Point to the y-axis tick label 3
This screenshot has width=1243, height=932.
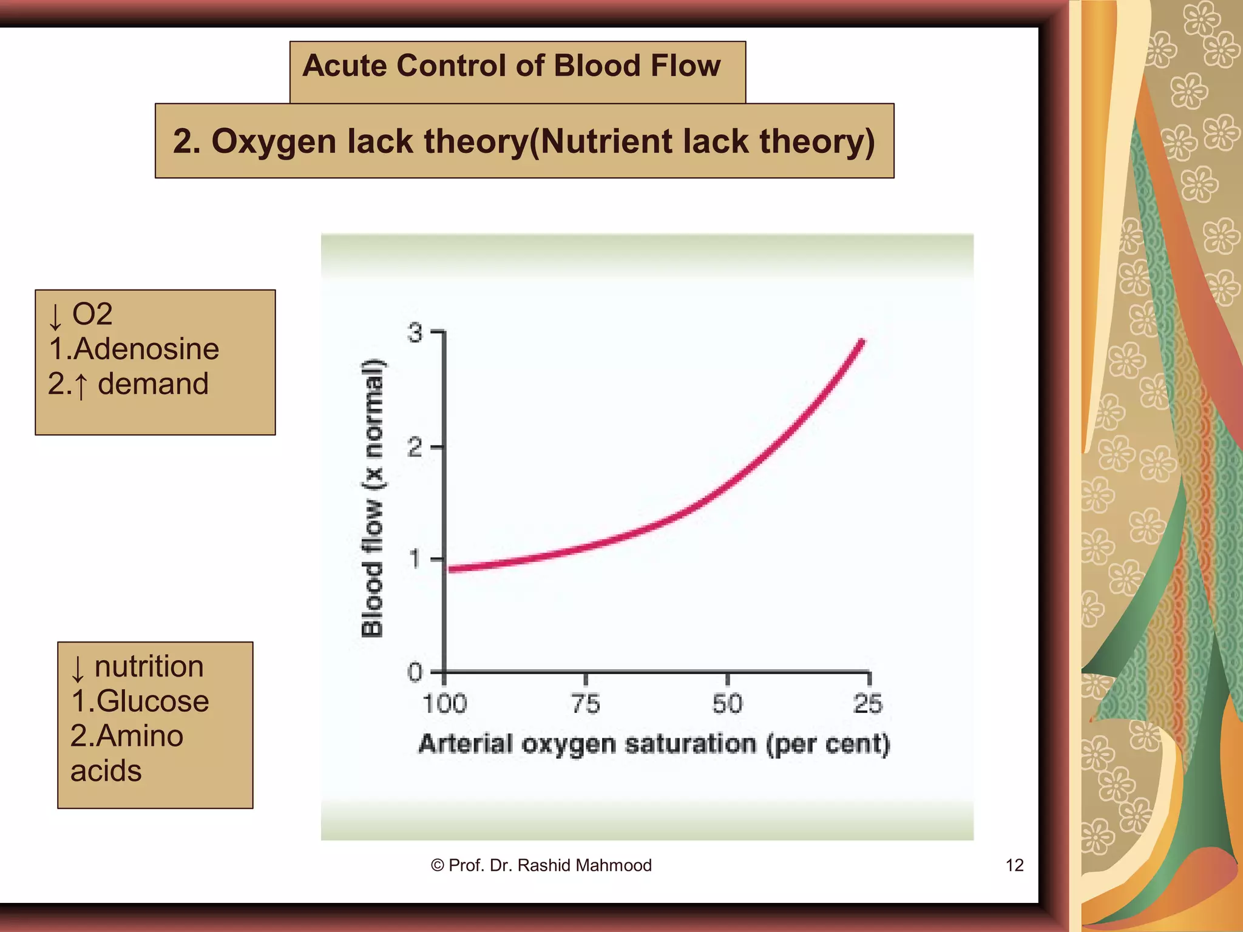coord(415,333)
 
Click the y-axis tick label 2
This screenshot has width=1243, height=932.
coord(415,448)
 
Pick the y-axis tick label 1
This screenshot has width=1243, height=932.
coord(415,559)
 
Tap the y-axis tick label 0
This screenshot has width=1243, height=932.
coord(415,672)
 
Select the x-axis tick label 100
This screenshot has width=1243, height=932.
coord(444,704)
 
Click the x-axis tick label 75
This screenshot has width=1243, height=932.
coord(586,704)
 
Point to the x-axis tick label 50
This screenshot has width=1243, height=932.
coord(727,704)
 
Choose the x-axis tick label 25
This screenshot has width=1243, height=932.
coord(868,704)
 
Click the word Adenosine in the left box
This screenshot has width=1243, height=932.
coord(146,349)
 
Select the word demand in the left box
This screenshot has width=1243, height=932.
coord(153,384)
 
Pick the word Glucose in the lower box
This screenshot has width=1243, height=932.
coord(152,701)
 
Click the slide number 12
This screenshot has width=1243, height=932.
coord(1014,865)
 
